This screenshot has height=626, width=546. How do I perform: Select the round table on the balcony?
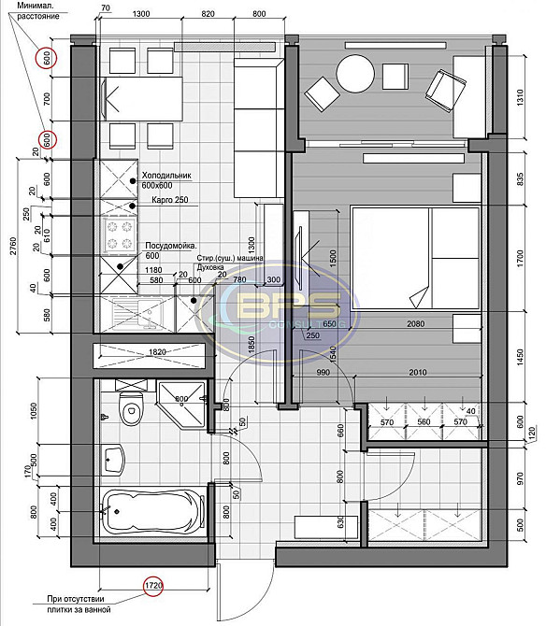click(x=354, y=74)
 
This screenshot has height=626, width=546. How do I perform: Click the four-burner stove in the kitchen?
click(x=121, y=235)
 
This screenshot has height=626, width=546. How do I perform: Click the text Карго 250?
click(x=168, y=200)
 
